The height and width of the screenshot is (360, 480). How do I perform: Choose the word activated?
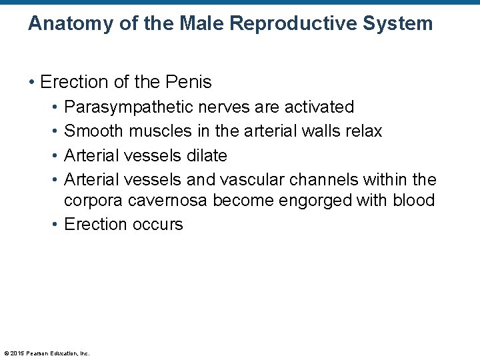[x=319, y=107]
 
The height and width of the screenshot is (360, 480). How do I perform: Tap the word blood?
[x=413, y=201]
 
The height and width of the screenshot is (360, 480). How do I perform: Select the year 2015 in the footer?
[x=17, y=353]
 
